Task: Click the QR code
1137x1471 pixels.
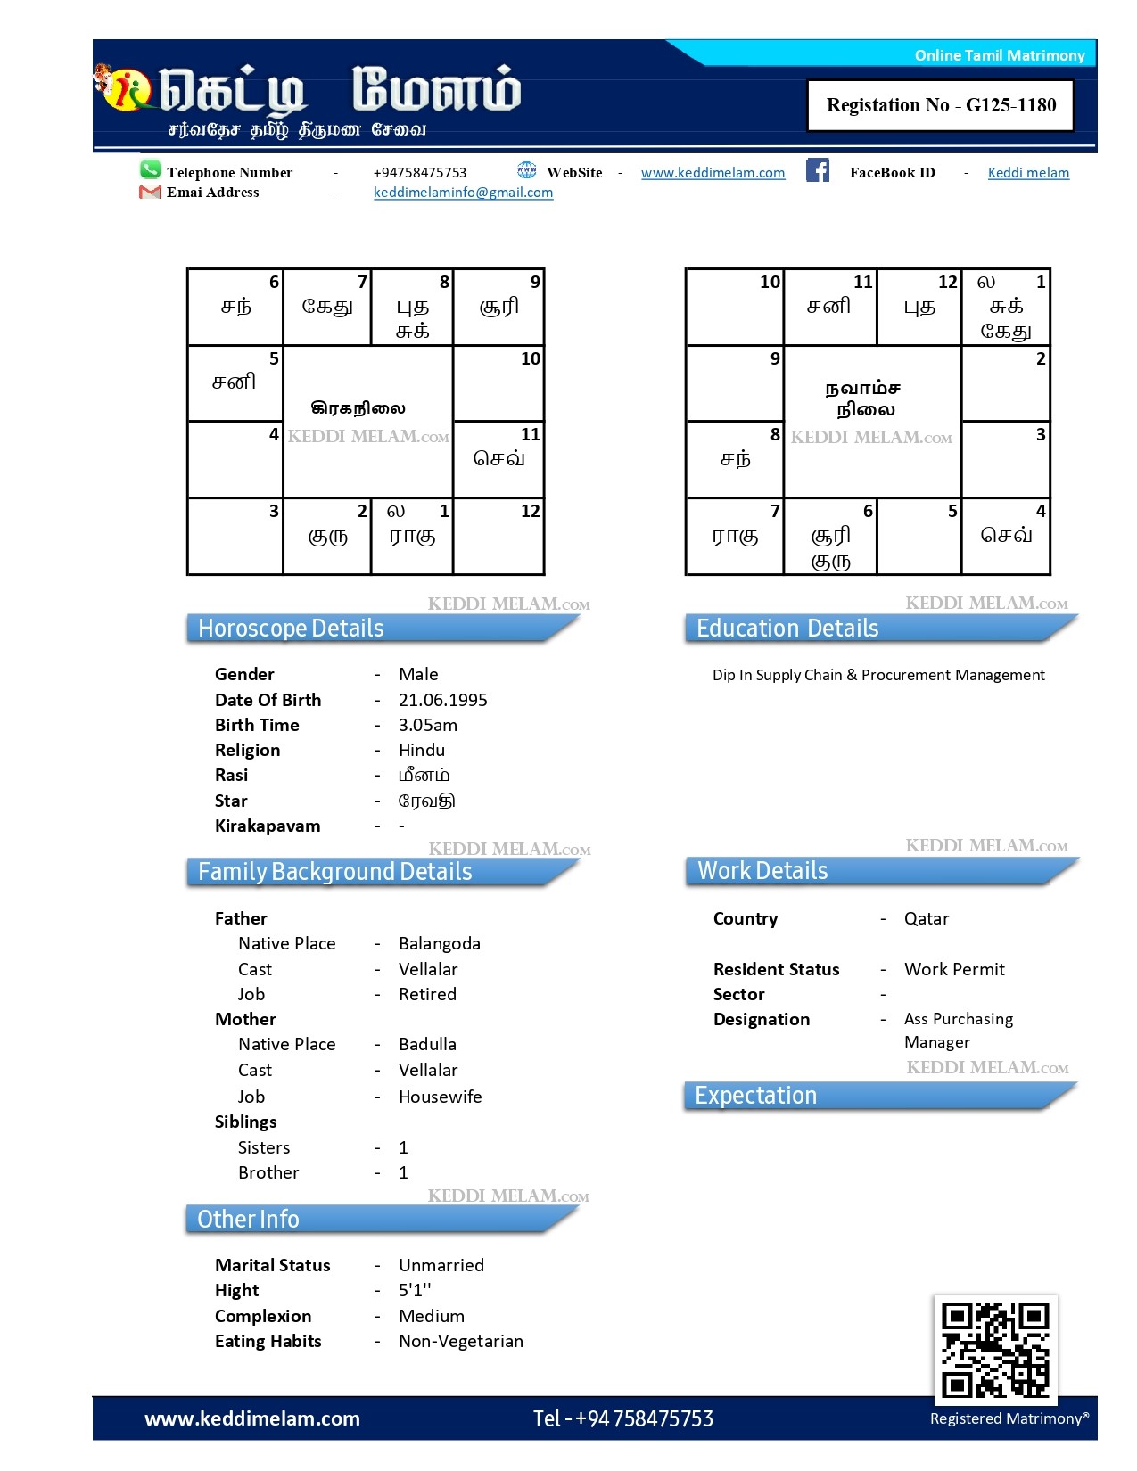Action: pyautogui.click(x=995, y=1350)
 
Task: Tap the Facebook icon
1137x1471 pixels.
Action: pyautogui.click(x=818, y=170)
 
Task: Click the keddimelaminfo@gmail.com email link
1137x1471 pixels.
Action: pyautogui.click(x=463, y=193)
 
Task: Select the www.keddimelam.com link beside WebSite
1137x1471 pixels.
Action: pyautogui.click(x=713, y=173)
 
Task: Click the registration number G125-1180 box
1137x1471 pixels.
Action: pyautogui.click(x=940, y=105)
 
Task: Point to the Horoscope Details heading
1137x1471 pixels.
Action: pyautogui.click(x=291, y=629)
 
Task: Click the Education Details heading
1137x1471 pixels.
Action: pyautogui.click(x=787, y=629)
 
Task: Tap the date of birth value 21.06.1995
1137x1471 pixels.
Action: pyautogui.click(x=442, y=700)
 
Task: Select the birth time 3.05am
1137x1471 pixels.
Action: pyautogui.click(x=427, y=725)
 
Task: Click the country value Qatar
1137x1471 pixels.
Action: pyautogui.click(x=926, y=918)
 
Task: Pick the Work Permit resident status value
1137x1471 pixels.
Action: pyautogui.click(x=953, y=969)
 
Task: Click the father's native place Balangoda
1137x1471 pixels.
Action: pyautogui.click(x=439, y=943)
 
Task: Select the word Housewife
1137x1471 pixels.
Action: pyautogui.click(x=440, y=1097)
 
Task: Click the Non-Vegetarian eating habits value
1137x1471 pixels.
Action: pyautogui.click(x=460, y=1341)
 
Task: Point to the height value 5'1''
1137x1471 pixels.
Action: pyautogui.click(x=415, y=1290)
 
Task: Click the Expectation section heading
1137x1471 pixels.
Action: pyautogui.click(x=755, y=1096)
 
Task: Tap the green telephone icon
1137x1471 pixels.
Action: pyautogui.click(x=150, y=169)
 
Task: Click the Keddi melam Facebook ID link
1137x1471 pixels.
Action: pyautogui.click(x=1027, y=173)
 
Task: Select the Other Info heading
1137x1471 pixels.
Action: pyautogui.click(x=248, y=1219)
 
